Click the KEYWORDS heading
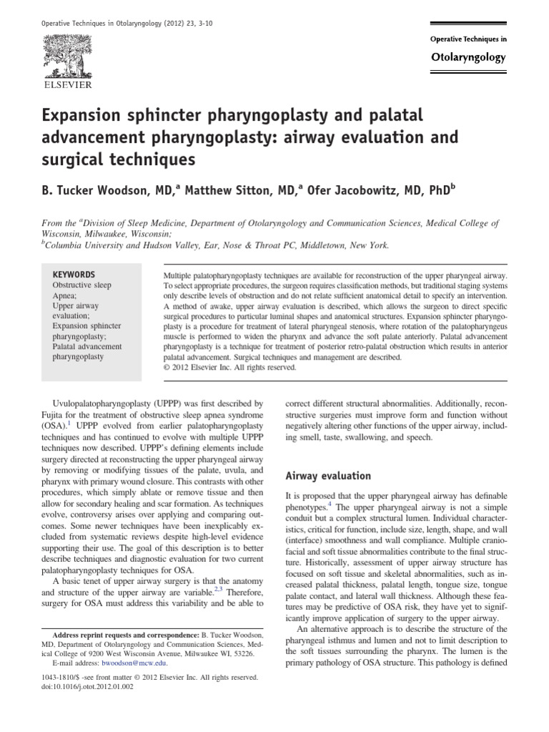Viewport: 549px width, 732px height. click(74, 274)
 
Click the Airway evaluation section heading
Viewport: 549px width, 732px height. click(328, 475)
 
